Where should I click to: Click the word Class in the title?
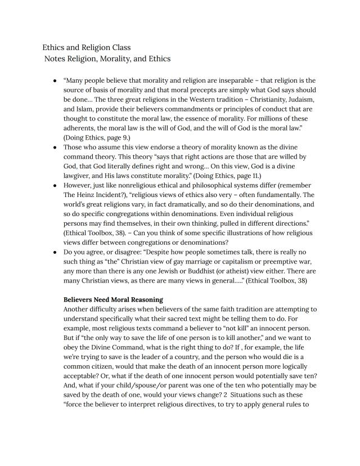[120, 47]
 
